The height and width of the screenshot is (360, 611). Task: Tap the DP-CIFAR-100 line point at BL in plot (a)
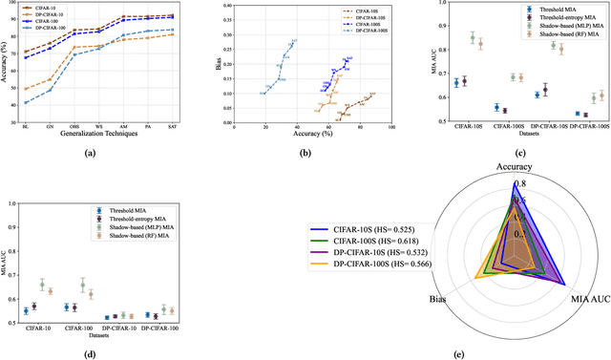[26, 103]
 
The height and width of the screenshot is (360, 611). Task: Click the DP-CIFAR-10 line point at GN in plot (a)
[51, 79]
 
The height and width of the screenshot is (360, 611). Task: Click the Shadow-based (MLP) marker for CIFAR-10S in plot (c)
[472, 38]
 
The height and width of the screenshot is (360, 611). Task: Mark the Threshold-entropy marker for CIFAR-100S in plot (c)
[504, 111]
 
